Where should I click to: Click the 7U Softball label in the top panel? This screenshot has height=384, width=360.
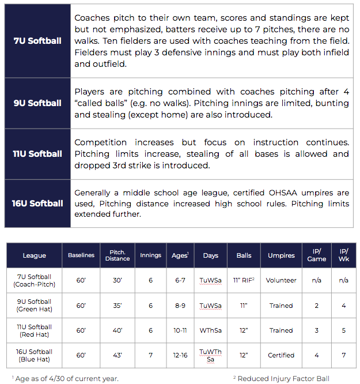(x=37, y=41)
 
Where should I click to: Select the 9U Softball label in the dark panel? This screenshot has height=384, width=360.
(x=37, y=103)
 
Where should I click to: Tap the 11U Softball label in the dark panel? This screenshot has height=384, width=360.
(x=37, y=154)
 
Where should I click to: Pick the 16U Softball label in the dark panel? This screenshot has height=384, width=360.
(x=37, y=204)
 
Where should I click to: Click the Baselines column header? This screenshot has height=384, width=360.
(x=81, y=255)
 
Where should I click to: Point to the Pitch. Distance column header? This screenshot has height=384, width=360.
(x=118, y=255)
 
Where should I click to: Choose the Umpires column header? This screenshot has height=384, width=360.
(x=281, y=255)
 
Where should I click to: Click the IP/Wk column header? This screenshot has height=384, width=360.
(x=344, y=255)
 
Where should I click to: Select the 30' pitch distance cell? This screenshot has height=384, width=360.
(x=118, y=281)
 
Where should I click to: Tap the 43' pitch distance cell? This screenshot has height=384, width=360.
(x=118, y=355)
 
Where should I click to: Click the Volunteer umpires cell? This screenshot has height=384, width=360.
(x=281, y=281)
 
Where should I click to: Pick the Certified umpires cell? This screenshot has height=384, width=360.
(x=281, y=355)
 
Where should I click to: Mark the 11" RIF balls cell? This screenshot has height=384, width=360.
(x=244, y=281)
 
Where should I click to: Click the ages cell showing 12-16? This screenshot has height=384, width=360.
(x=180, y=355)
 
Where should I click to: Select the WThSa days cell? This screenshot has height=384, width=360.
(x=211, y=330)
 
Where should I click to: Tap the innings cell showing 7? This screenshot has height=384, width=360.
(x=151, y=355)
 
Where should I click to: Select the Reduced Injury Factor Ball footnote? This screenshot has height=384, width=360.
(x=284, y=378)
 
